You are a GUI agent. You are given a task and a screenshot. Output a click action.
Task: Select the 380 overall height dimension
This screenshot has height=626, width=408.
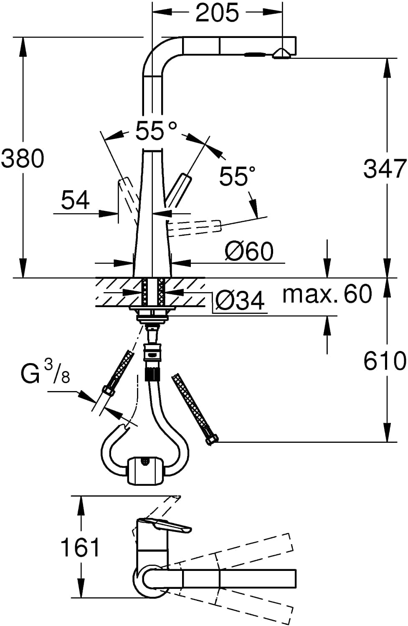click(23, 159)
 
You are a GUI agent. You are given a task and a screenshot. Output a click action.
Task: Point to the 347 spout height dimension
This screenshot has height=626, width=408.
click(384, 169)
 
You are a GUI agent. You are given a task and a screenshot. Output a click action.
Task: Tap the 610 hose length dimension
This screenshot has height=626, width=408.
click(384, 360)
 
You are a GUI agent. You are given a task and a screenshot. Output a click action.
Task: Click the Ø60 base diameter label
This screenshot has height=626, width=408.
click(249, 251)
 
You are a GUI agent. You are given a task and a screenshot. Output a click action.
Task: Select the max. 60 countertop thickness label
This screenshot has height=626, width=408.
click(327, 294)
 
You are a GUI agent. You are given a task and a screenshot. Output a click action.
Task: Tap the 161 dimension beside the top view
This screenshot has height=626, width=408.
click(81, 547)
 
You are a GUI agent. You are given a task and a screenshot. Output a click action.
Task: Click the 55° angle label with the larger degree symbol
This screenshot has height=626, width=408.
click(156, 131)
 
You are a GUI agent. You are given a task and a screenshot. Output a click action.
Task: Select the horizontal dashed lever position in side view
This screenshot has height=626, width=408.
click(194, 227)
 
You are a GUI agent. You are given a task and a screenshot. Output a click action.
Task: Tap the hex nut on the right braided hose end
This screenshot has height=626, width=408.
click(212, 440)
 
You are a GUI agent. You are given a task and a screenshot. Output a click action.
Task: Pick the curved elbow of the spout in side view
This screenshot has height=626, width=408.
click(159, 52)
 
